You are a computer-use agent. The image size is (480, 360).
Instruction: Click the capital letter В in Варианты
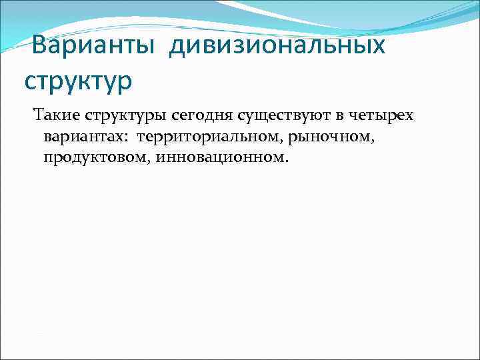39,47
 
